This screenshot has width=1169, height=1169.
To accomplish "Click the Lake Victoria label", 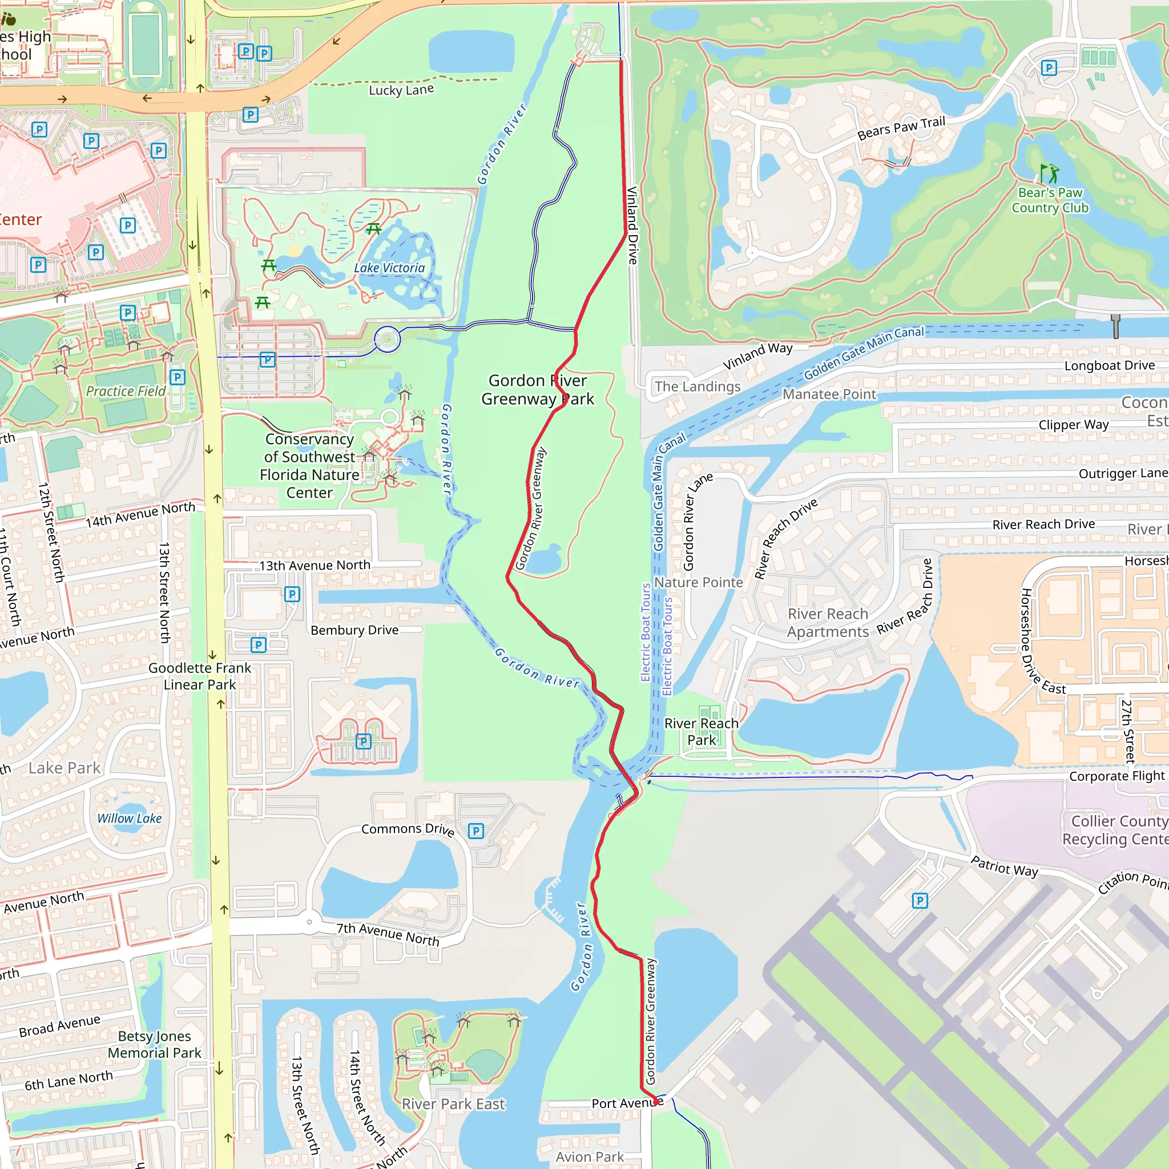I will (x=389, y=268).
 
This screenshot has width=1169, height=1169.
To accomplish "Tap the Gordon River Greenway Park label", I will (x=537, y=390).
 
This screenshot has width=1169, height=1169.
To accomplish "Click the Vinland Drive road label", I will (x=632, y=225).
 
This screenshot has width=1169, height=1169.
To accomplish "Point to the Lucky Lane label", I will (x=401, y=90).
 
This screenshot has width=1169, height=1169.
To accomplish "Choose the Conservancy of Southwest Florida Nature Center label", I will (x=309, y=465).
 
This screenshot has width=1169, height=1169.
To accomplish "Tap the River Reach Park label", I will (x=702, y=732).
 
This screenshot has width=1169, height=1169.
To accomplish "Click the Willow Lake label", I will (x=130, y=819).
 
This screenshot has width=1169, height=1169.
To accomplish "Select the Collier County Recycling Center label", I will (x=1115, y=830).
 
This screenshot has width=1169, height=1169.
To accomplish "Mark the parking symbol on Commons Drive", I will (x=476, y=831).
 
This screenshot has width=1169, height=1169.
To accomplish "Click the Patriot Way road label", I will (x=1004, y=866).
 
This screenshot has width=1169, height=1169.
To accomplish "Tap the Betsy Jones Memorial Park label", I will (x=154, y=1045).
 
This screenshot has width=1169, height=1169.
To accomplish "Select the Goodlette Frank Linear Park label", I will (x=200, y=676).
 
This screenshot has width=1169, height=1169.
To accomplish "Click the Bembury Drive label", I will (x=354, y=630).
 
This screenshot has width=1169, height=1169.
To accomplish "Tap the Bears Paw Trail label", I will (x=901, y=128).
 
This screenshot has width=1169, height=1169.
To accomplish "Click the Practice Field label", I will (x=125, y=392).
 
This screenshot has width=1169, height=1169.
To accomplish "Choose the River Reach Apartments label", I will (x=828, y=623).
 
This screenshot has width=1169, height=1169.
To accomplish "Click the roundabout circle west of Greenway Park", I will (x=387, y=339).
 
